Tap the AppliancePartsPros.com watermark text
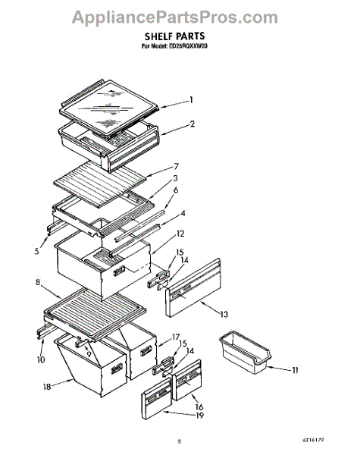[180, 15]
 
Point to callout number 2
[193, 124]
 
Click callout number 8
[38, 283]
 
